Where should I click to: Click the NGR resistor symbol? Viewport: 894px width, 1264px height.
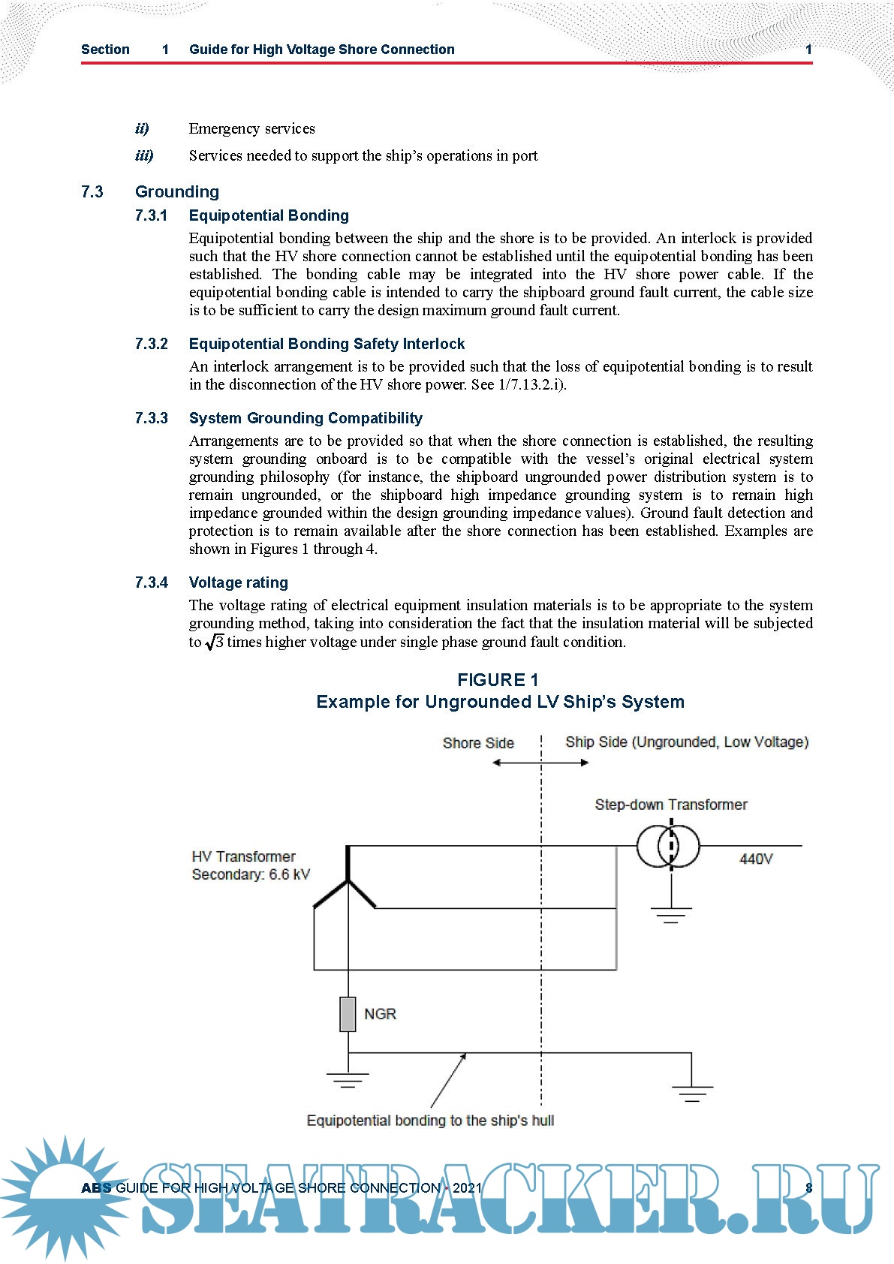(348, 1014)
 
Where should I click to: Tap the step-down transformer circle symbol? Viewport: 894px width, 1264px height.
(668, 847)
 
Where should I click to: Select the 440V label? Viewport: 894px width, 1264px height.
(756, 859)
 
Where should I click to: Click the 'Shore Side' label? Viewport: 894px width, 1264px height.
(478, 743)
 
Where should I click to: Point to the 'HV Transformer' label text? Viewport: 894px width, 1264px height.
(243, 856)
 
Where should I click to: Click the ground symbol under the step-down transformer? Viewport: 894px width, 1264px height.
(671, 914)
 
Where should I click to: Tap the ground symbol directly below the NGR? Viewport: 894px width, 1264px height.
(347, 1080)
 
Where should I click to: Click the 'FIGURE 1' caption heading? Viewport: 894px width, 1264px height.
(498, 680)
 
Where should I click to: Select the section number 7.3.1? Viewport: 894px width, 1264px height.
(151, 216)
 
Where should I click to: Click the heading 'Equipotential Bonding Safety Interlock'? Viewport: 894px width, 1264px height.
(327, 344)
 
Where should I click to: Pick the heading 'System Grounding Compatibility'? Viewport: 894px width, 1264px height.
(306, 418)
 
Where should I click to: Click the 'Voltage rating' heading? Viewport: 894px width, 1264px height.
(238, 582)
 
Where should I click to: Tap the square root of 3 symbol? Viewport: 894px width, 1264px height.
(215, 642)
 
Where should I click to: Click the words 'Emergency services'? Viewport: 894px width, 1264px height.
(251, 128)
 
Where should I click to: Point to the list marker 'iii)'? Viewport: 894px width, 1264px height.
(144, 155)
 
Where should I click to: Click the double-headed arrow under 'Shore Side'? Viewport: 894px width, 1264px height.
(540, 763)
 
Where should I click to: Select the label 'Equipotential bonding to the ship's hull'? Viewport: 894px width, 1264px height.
(430, 1121)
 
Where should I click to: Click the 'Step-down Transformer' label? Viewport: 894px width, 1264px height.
(671, 805)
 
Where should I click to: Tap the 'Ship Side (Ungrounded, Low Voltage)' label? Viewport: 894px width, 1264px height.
(687, 742)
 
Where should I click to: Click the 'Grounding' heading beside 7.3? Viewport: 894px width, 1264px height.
(177, 192)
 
